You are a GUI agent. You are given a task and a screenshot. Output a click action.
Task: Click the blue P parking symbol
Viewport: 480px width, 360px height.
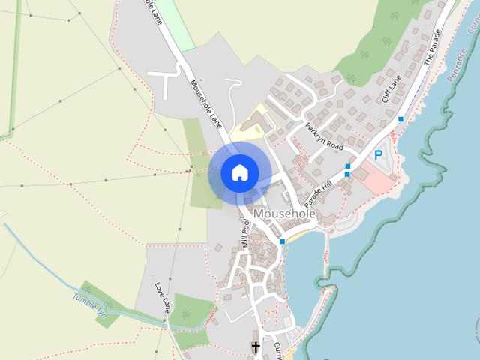pyautogui.click(x=379, y=156)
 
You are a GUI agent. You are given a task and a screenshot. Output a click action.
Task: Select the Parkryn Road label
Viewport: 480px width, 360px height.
pyautogui.click(x=324, y=136)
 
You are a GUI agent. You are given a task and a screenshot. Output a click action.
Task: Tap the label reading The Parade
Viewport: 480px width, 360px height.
pyautogui.click(x=434, y=46)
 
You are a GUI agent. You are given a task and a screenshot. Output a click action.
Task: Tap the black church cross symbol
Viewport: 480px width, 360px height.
pyautogui.click(x=255, y=346)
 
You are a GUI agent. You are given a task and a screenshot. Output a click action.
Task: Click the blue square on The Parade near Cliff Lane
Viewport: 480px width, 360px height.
pyautogui.click(x=401, y=119)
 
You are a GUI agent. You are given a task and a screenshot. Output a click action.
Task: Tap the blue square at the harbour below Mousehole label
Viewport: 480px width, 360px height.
pyautogui.click(x=282, y=241)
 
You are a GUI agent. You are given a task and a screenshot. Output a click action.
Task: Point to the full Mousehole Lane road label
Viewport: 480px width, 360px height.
pyautogui.click(x=206, y=103)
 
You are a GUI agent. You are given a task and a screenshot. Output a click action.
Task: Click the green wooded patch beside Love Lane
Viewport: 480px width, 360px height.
pyautogui.click(x=190, y=310)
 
